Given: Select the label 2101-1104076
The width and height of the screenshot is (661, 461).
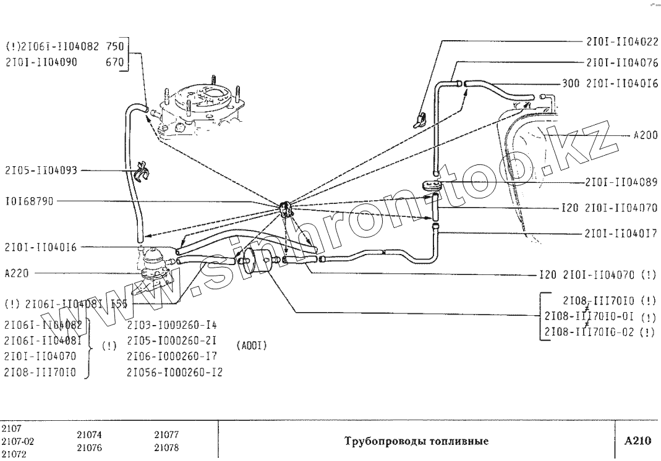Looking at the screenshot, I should click(622, 62).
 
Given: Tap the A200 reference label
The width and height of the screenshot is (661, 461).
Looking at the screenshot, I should click(646, 136).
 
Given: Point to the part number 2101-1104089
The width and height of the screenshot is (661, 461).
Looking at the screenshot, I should click(621, 183).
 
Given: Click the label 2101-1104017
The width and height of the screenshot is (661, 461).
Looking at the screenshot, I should click(621, 234).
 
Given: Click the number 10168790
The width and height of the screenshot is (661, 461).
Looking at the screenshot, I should click(29, 201).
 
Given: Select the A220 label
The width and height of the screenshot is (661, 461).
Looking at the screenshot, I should click(17, 273).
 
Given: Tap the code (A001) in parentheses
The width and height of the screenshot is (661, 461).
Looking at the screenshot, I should click(252, 345).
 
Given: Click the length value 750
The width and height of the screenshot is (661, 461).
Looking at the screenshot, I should click(116, 46).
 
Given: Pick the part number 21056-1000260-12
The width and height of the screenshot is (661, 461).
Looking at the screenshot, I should click(174, 373).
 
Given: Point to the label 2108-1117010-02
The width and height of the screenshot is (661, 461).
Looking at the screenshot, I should click(592, 332).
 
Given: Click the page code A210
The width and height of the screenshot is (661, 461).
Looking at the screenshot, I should click(638, 441).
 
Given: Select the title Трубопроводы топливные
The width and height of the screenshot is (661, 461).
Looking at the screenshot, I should click(415, 442).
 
